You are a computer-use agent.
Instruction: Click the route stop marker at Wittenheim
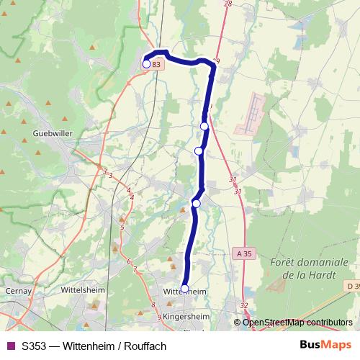point(184,289)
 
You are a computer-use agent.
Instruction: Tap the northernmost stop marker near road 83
point(146,64)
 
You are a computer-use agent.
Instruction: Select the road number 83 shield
point(158,64)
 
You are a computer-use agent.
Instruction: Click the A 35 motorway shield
point(245,253)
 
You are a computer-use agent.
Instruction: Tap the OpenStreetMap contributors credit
point(297,323)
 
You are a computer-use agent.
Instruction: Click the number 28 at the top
point(228,4)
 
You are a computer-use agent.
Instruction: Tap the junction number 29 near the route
point(216,60)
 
